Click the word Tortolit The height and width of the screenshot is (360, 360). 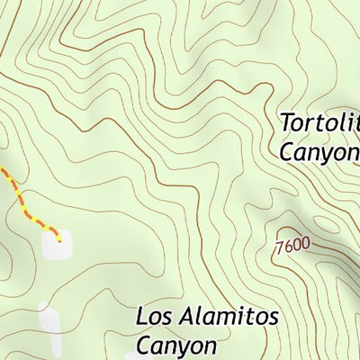[x=319, y=122]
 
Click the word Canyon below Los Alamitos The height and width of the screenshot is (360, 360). [x=177, y=345]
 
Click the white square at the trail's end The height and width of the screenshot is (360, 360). [x=56, y=242]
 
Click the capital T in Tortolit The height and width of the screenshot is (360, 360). [x=285, y=121]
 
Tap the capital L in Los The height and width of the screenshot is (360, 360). [x=142, y=317]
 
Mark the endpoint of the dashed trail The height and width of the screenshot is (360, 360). [x=59, y=238]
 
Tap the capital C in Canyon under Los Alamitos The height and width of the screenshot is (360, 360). [x=144, y=345]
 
